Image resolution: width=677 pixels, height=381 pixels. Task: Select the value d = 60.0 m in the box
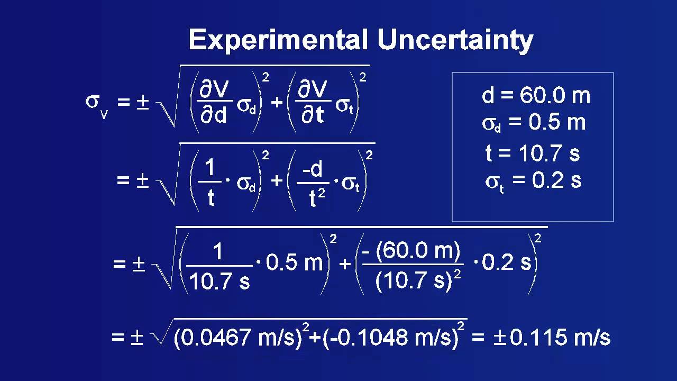coord(536,96)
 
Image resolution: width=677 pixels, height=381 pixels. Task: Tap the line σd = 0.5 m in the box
coord(533,123)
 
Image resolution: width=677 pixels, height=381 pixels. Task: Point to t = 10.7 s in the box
coord(533,153)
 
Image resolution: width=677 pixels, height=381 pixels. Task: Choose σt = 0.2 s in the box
coord(533,180)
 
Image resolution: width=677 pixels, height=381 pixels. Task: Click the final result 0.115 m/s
coord(560,338)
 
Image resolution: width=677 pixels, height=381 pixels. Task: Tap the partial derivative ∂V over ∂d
coord(214,103)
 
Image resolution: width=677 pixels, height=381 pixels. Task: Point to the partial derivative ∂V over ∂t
coord(313,103)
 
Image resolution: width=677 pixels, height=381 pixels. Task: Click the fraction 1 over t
coord(211,182)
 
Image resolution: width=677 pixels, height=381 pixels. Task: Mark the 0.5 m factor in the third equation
coord(294,264)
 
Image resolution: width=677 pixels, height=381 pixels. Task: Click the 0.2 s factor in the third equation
coord(507,264)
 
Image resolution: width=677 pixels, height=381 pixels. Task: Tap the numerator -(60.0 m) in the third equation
coord(412,250)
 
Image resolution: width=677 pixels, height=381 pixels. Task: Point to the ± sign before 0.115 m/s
coord(499,338)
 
